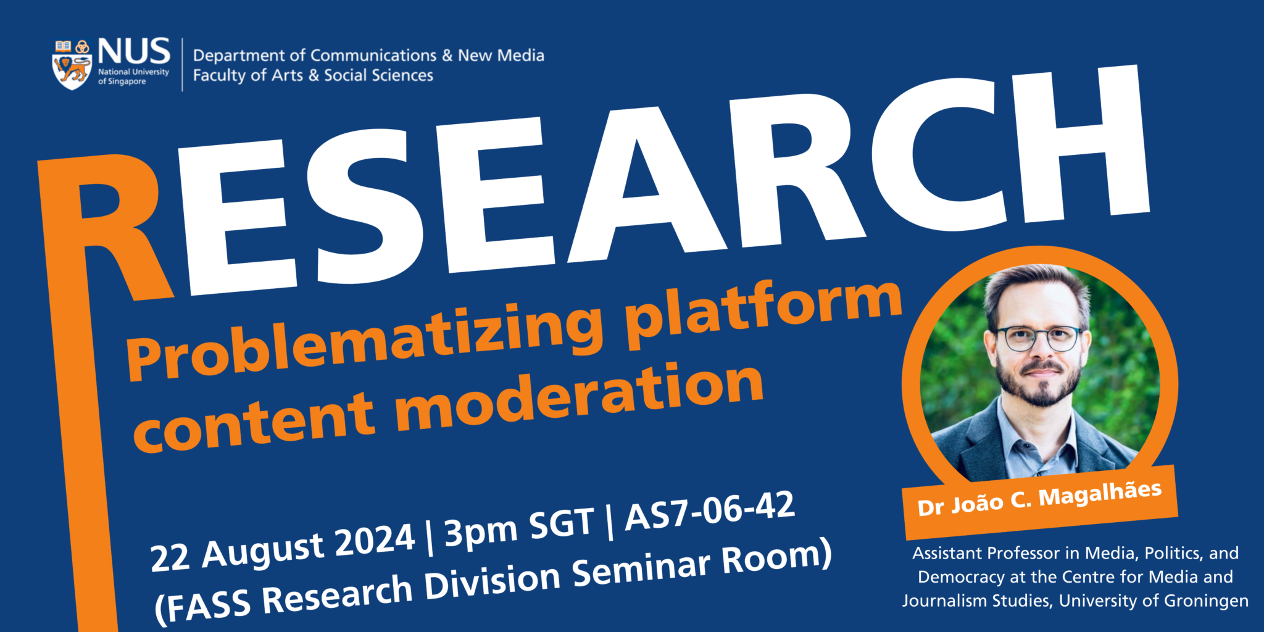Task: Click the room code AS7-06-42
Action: point(710,511)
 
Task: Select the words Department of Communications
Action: point(315,56)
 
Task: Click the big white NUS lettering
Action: point(133,51)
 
